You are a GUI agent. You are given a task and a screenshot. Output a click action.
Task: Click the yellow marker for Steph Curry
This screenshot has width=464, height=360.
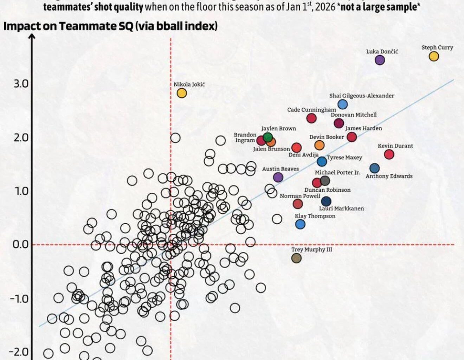point(434,56)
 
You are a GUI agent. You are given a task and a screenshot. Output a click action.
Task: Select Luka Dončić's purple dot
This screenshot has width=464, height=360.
point(380,60)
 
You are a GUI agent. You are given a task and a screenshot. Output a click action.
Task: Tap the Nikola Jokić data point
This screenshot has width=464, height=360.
point(181,93)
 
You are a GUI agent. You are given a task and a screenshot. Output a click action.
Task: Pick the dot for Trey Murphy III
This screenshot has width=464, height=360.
point(296,258)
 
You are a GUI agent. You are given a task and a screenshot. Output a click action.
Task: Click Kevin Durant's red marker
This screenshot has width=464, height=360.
point(389,154)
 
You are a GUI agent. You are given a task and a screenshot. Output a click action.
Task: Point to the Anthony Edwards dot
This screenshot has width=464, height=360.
point(375,168)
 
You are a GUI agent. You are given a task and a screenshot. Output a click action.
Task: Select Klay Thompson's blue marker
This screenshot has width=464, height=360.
point(300,224)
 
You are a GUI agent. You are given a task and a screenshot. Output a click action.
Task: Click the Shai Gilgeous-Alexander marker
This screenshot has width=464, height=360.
point(343,104)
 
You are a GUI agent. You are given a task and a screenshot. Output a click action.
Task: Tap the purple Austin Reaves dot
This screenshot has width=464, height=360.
point(278,177)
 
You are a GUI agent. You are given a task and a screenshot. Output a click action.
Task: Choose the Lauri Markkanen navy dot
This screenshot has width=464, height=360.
point(326,201)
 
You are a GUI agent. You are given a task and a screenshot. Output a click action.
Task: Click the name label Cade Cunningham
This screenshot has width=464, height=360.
point(311,110)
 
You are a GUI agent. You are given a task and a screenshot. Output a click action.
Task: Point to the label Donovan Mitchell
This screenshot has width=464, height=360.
point(354,115)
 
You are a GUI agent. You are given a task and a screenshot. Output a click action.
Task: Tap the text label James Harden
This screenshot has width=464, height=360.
point(363,128)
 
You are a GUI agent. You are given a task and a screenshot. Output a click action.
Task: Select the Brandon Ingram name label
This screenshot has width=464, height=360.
point(245,137)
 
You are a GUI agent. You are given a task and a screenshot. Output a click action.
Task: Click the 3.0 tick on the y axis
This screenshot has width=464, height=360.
point(21,84)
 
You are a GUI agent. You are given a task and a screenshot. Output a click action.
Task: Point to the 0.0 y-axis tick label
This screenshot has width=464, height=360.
point(20,244)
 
